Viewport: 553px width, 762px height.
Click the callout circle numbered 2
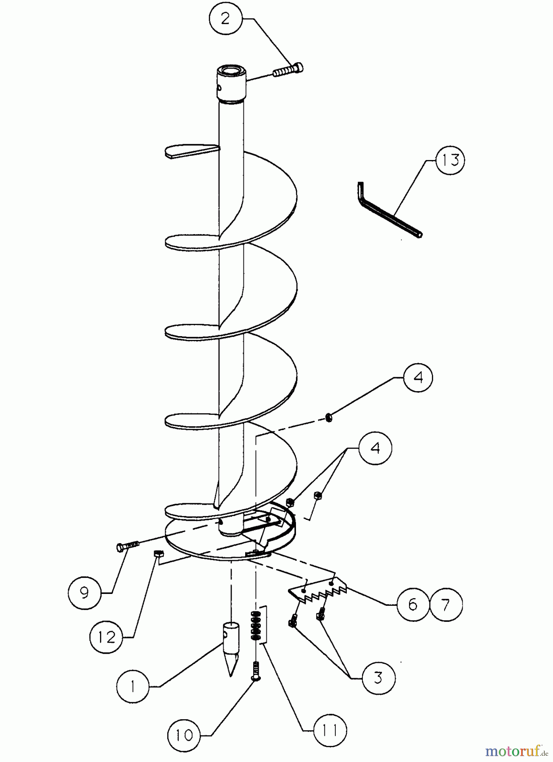225,19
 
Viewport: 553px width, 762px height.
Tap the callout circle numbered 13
450,161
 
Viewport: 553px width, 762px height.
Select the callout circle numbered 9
84,593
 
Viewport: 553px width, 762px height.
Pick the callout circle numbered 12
106,637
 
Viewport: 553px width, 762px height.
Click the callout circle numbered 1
133,686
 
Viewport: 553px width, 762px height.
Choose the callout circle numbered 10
184,735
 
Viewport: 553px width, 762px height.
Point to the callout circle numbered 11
330,730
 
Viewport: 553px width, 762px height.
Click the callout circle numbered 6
413,605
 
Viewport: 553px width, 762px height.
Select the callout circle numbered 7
446,605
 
